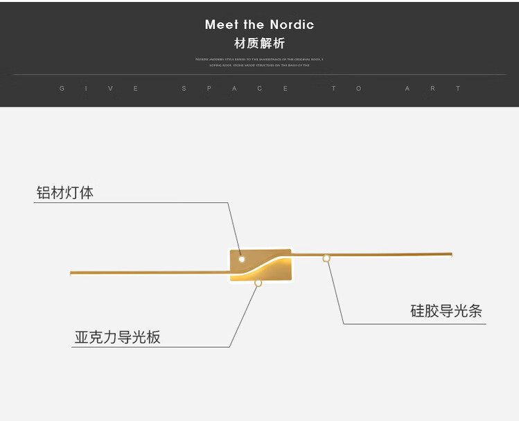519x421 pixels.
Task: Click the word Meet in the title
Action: point(221,25)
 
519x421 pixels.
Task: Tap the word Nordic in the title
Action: point(292,25)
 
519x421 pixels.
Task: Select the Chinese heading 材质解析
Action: point(259,44)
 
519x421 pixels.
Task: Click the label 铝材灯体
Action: point(64,192)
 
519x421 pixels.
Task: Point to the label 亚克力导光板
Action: point(118,337)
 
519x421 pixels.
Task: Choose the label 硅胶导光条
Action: point(446,311)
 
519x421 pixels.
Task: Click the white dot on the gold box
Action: point(242,259)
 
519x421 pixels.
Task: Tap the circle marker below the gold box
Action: point(258,283)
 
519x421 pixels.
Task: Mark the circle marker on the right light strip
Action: point(326,258)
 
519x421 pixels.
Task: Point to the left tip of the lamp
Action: point(71,273)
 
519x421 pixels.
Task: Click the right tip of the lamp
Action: point(450,254)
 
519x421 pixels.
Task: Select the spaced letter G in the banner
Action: point(62,89)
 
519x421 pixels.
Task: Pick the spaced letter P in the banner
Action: point(209,89)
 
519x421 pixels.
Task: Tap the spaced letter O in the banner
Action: point(359,89)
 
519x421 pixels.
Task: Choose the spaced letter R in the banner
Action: point(433,89)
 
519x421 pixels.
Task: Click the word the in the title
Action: point(254,25)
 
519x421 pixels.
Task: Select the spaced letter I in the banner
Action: point(87,89)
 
